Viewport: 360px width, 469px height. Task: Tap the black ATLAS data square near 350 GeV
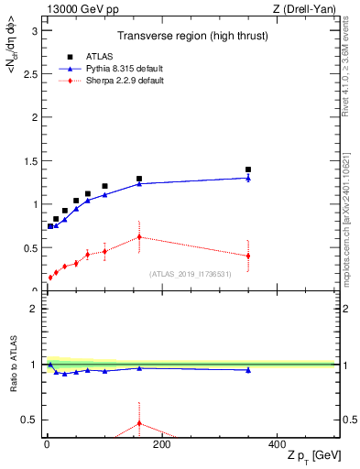point(248,169)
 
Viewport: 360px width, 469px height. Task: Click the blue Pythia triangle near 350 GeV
point(248,178)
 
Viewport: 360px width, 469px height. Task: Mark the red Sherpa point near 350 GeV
point(248,256)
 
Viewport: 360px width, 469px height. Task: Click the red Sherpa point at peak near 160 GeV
point(139,237)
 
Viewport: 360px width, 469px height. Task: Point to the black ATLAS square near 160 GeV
point(139,179)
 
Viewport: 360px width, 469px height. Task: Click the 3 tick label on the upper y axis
point(35,30)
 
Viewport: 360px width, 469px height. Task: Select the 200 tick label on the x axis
point(161,444)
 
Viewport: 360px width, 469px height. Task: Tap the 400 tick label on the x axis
point(277,444)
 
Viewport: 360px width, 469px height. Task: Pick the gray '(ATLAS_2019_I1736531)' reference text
point(191,274)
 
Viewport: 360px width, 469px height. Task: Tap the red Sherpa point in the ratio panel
point(139,423)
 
